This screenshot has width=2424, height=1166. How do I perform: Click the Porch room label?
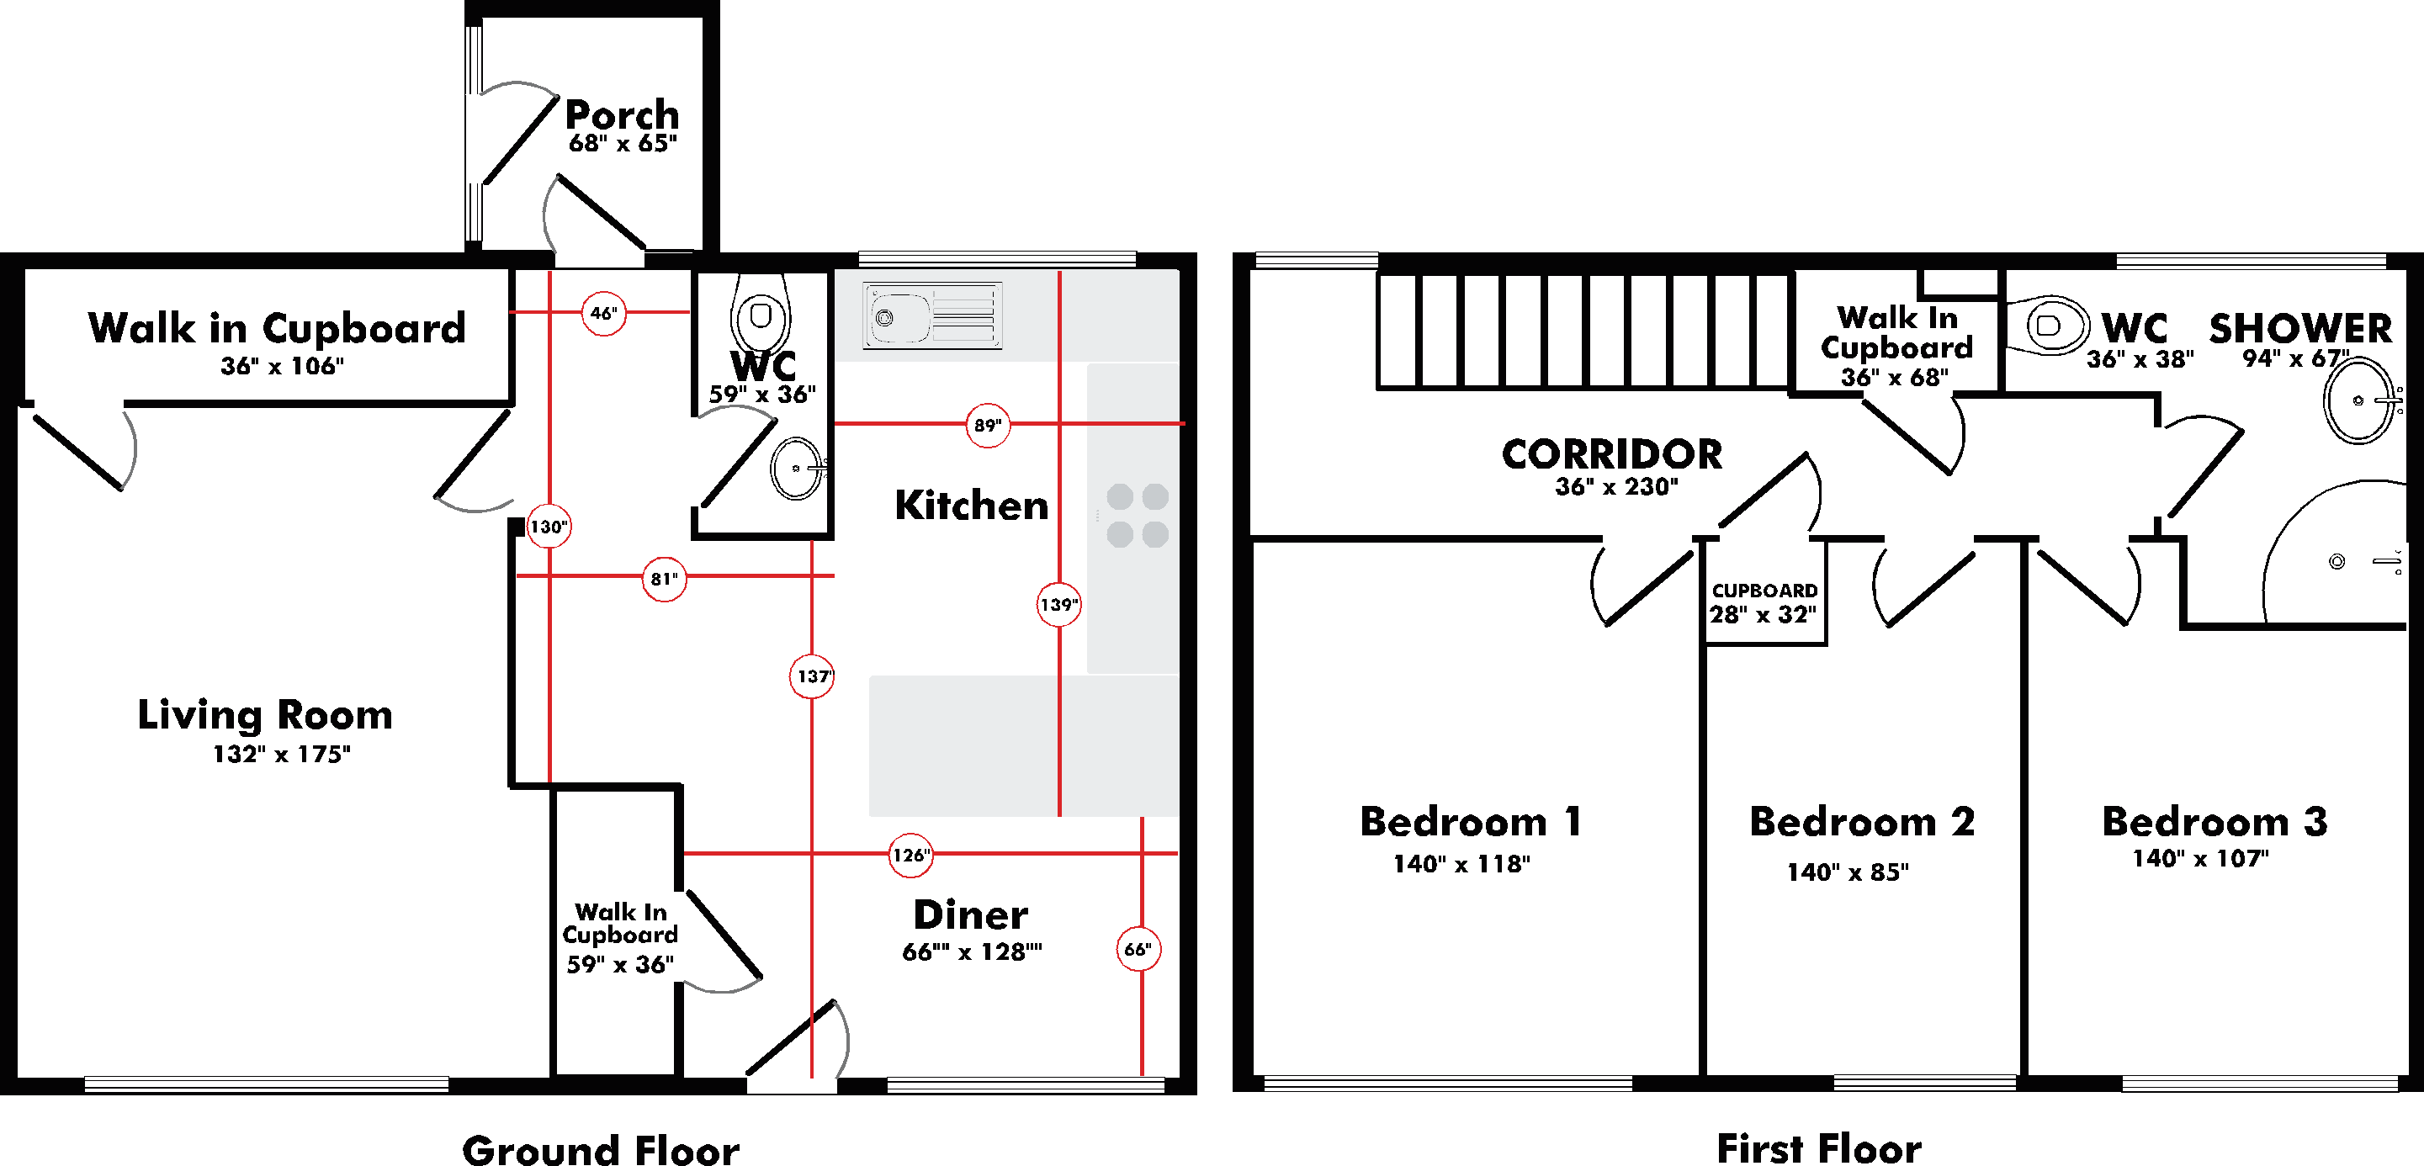[x=622, y=114]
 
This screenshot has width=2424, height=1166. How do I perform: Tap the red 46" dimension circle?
[x=603, y=312]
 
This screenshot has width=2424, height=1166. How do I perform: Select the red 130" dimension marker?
[x=549, y=526]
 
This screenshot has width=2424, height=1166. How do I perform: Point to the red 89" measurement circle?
[x=987, y=425]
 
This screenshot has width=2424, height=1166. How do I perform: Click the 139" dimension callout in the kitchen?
[x=1058, y=604]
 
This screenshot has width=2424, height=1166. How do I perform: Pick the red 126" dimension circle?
[x=910, y=855]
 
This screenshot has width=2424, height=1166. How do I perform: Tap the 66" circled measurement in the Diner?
[x=1138, y=949]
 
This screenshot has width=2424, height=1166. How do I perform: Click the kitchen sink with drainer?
[x=932, y=315]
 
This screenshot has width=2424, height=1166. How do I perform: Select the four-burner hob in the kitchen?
[x=1137, y=515]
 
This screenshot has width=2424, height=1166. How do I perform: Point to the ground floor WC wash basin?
[x=797, y=468]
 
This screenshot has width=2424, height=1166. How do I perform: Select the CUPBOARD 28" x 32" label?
[x=1764, y=602]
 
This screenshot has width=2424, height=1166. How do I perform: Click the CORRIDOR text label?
[x=1612, y=453]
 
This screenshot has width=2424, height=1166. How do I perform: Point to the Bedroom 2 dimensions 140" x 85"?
[x=1848, y=872]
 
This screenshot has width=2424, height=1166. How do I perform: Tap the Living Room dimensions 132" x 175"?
[x=281, y=754]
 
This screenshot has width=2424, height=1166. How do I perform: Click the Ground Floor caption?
[x=601, y=1149]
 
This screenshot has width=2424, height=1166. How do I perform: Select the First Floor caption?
[x=1819, y=1148]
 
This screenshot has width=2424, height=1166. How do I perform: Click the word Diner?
[x=971, y=914]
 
